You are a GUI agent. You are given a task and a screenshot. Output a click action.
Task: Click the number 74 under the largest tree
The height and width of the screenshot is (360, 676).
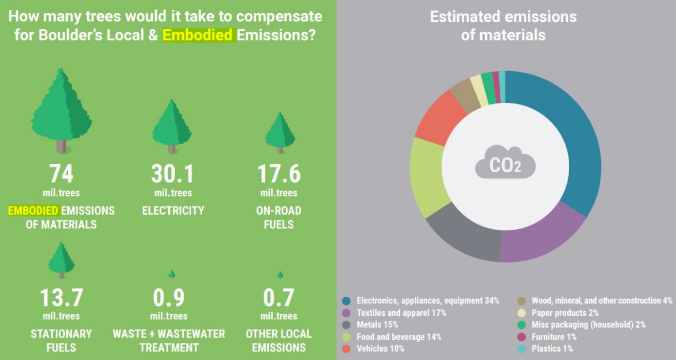click(x=61, y=174)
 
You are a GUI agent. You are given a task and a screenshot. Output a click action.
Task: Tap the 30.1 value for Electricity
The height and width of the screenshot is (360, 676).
click(x=173, y=174)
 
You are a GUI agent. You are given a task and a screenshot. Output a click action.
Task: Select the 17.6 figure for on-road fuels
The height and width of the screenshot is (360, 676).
click(x=279, y=174)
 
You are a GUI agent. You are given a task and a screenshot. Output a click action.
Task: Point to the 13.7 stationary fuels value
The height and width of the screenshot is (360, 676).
click(x=61, y=298)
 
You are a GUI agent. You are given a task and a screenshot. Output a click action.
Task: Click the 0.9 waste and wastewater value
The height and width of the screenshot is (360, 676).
click(x=169, y=298)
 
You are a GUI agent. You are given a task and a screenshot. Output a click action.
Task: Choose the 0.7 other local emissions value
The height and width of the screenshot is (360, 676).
click(x=279, y=298)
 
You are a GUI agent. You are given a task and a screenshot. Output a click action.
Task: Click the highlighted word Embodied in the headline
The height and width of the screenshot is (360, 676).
click(x=198, y=34)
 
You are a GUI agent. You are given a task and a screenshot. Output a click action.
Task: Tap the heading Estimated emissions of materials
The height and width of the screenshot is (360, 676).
click(x=503, y=25)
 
